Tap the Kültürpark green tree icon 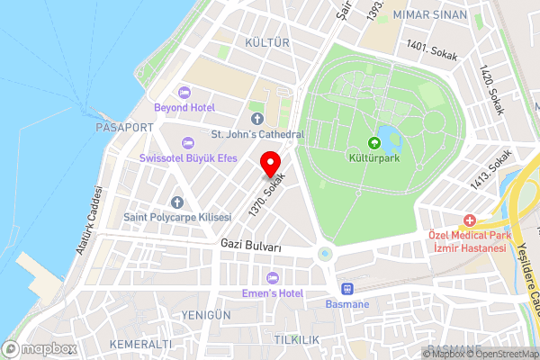[374, 141]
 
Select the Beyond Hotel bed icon [184, 92]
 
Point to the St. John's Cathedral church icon [256, 119]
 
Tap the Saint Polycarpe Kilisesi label [177, 218]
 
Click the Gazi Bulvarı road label [251, 246]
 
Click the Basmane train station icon [346, 289]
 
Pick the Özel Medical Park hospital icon [469, 220]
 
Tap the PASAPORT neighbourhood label [124, 128]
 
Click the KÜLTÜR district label [266, 42]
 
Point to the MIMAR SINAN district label [436, 15]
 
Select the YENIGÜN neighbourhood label [205, 314]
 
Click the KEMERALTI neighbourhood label [139, 345]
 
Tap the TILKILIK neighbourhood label [296, 338]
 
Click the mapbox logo [40, 347]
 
